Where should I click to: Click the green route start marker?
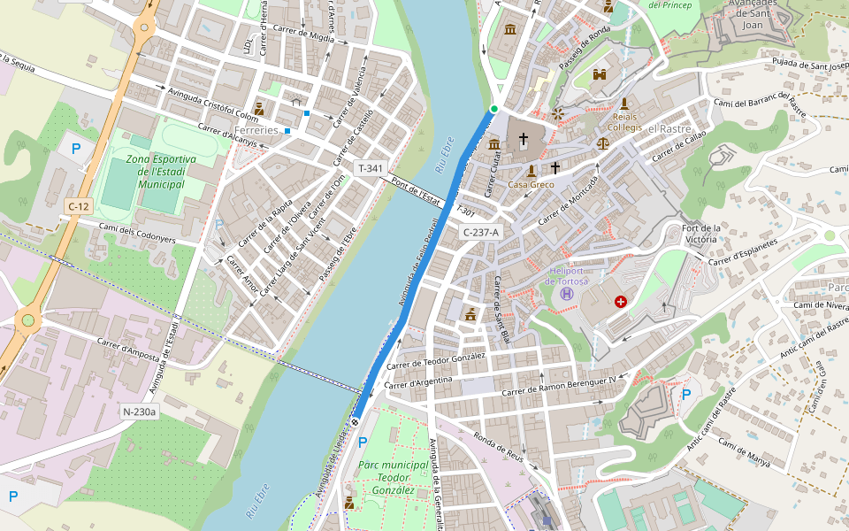494,109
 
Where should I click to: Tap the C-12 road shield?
79,206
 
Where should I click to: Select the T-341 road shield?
370,168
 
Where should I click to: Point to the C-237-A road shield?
481,232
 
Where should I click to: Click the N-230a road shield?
139,412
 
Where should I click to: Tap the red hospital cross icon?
620,302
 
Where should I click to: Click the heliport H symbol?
567,292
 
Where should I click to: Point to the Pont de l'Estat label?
417,189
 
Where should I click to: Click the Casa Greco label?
531,185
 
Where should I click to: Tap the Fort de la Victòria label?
701,234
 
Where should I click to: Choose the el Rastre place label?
669,128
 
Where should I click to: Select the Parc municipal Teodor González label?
394,477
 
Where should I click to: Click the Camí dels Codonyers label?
137,234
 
